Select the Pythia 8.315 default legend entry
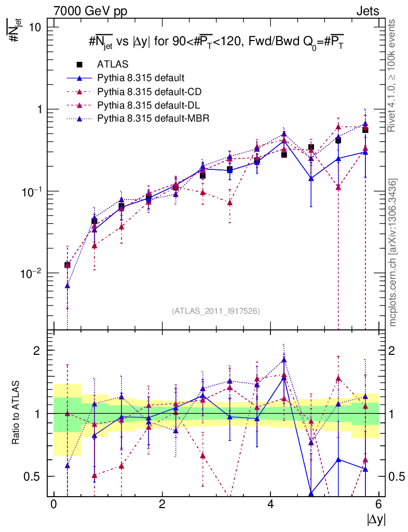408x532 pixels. click(x=141, y=78)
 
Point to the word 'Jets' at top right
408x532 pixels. click(x=368, y=10)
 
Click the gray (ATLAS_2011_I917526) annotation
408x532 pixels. click(x=215, y=311)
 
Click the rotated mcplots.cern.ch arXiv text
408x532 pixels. click(x=394, y=253)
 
